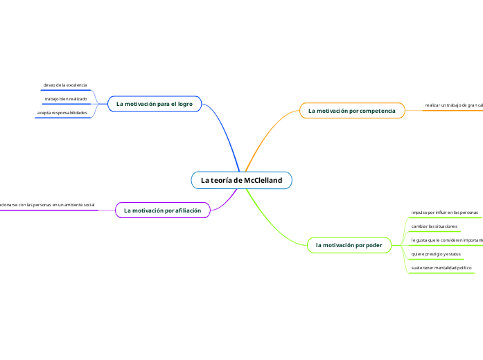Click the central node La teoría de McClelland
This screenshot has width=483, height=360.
[x=242, y=180]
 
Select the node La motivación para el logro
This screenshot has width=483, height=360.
[x=154, y=104]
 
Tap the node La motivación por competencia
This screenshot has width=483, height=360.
[x=352, y=111]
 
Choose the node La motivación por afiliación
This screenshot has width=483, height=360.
[x=162, y=210]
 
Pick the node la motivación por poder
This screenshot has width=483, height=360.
[x=349, y=244]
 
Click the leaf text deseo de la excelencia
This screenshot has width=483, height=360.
[x=65, y=85]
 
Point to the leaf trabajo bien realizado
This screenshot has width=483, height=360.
[x=66, y=99]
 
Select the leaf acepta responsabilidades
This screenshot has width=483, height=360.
[x=62, y=112]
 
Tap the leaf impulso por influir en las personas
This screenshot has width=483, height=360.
[x=444, y=212]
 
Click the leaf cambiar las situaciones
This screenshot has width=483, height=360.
[x=434, y=226]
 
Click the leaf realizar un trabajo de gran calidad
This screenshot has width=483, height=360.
[x=453, y=106]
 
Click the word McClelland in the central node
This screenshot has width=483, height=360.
[x=263, y=180]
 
